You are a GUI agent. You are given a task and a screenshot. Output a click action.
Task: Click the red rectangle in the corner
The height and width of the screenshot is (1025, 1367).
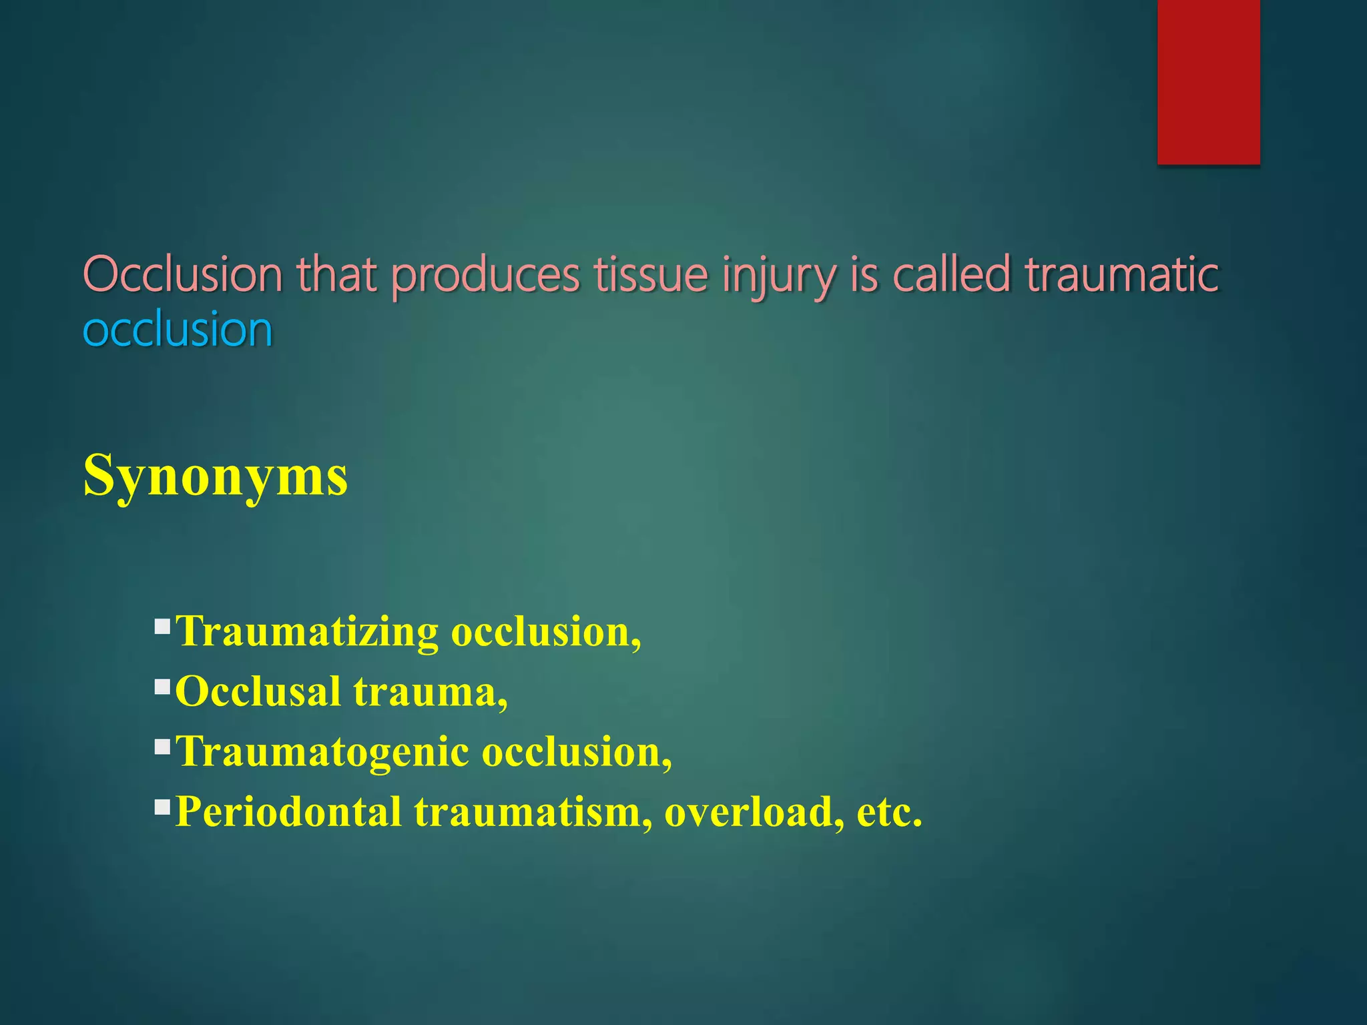point(1208,81)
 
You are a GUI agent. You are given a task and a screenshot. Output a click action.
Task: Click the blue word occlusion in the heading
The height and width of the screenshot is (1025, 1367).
point(178,330)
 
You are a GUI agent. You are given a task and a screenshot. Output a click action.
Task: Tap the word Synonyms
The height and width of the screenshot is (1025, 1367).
point(215,476)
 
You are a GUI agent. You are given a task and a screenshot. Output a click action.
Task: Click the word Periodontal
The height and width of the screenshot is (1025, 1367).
point(288,812)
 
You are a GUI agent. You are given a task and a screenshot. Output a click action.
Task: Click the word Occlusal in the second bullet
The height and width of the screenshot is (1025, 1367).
point(258,691)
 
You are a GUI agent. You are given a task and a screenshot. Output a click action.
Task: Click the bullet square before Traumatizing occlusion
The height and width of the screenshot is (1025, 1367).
point(162,627)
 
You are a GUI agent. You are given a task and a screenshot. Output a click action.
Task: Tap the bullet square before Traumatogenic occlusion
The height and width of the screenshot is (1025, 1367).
point(162,747)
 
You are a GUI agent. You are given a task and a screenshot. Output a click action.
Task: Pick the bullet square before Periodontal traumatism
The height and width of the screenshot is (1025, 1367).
point(162,807)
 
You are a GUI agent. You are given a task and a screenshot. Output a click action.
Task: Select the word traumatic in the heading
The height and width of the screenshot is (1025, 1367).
point(1121,275)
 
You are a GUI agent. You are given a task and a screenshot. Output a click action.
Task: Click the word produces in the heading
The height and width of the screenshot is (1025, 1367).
point(485,276)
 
